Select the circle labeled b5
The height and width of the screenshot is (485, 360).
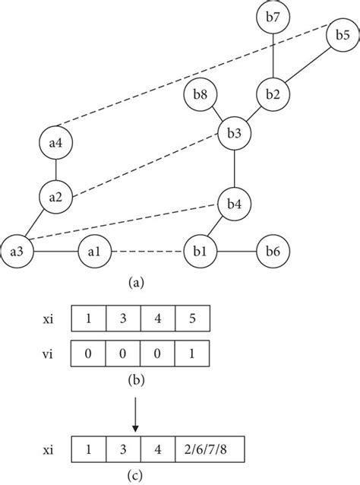click(x=342, y=36)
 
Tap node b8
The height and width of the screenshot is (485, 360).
click(x=199, y=96)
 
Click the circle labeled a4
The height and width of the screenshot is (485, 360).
click(x=56, y=141)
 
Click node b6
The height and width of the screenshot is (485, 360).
click(x=272, y=250)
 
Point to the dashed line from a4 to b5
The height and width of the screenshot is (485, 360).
click(x=197, y=81)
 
